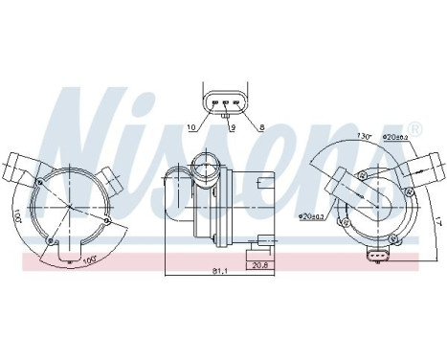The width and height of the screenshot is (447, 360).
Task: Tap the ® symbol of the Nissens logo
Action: tap(413, 128)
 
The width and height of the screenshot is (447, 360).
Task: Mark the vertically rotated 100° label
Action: tap(44, 228)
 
